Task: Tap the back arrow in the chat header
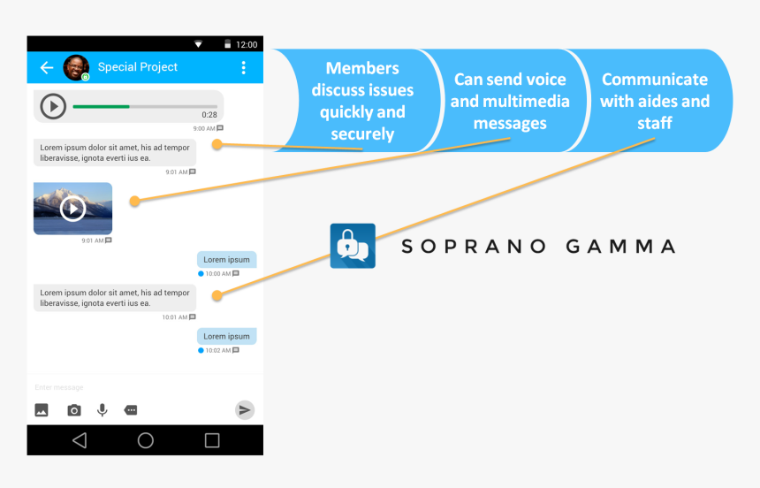[x=47, y=67]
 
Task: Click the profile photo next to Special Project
[x=76, y=67]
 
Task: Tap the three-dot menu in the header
[x=243, y=67]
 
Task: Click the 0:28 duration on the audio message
[x=209, y=115]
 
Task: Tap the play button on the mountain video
[x=72, y=209]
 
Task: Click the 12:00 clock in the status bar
[x=247, y=44]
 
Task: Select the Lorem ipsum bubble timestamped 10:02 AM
[x=226, y=336]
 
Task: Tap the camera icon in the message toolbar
[x=73, y=410]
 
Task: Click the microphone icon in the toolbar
[x=102, y=410]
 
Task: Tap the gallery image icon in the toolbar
[x=42, y=410]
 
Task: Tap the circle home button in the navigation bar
[x=146, y=440]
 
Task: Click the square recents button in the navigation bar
[x=212, y=440]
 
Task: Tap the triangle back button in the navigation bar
[x=80, y=440]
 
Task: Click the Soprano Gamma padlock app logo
[x=353, y=246]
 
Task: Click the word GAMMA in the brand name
[x=620, y=247]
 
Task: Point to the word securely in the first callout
[x=362, y=133]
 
